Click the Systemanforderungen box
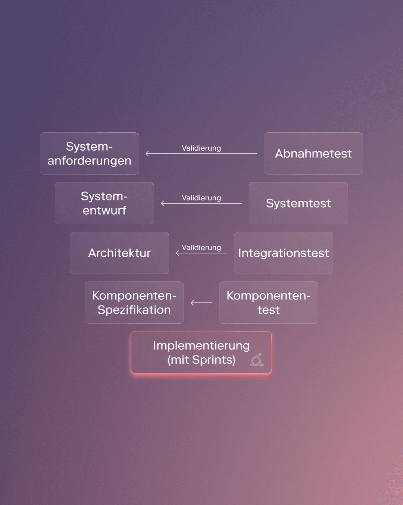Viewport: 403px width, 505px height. (x=90, y=153)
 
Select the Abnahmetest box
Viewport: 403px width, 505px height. (x=313, y=153)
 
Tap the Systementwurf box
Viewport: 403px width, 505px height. (x=104, y=203)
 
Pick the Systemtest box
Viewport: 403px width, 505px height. (x=299, y=203)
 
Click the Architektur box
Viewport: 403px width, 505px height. (x=119, y=253)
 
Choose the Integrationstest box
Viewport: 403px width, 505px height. (x=284, y=253)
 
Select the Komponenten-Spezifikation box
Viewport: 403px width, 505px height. (x=134, y=302)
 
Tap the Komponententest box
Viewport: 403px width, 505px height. (x=269, y=302)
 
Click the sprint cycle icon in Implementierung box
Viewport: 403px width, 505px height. (x=257, y=360)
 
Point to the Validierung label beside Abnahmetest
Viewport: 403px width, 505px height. (x=201, y=148)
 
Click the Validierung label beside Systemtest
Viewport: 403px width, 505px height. (x=201, y=198)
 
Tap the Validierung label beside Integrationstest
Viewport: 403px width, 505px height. (x=201, y=247)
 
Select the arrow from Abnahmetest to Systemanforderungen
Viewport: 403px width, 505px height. (x=201, y=154)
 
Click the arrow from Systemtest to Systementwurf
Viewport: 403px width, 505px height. (x=201, y=203)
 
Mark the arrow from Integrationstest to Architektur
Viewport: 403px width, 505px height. (x=201, y=253)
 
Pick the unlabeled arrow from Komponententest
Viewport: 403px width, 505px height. (x=201, y=303)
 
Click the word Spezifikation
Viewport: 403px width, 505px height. (x=134, y=310)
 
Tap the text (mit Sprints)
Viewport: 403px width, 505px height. (x=201, y=360)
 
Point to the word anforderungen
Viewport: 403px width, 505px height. (x=90, y=161)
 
